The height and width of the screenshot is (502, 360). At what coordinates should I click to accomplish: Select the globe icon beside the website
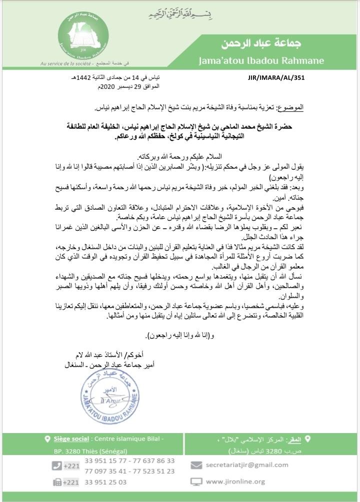196,482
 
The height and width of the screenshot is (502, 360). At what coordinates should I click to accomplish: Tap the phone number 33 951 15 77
105,460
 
